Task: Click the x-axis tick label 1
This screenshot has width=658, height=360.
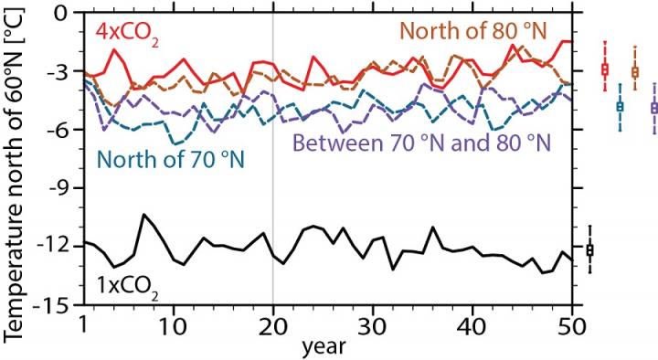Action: (83, 324)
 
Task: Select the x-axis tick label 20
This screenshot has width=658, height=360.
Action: (273, 324)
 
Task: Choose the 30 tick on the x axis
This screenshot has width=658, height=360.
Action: (372, 324)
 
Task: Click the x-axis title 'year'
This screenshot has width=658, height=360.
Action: (325, 346)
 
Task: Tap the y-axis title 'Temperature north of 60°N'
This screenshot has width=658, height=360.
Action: (16, 174)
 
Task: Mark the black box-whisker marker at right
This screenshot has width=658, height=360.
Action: (589, 249)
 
